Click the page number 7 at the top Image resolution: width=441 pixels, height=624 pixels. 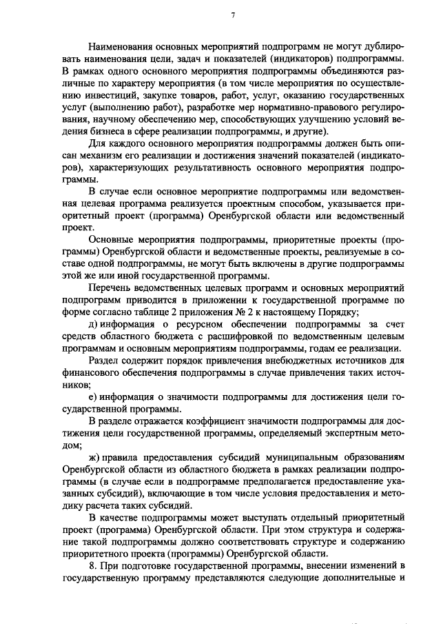234,15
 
